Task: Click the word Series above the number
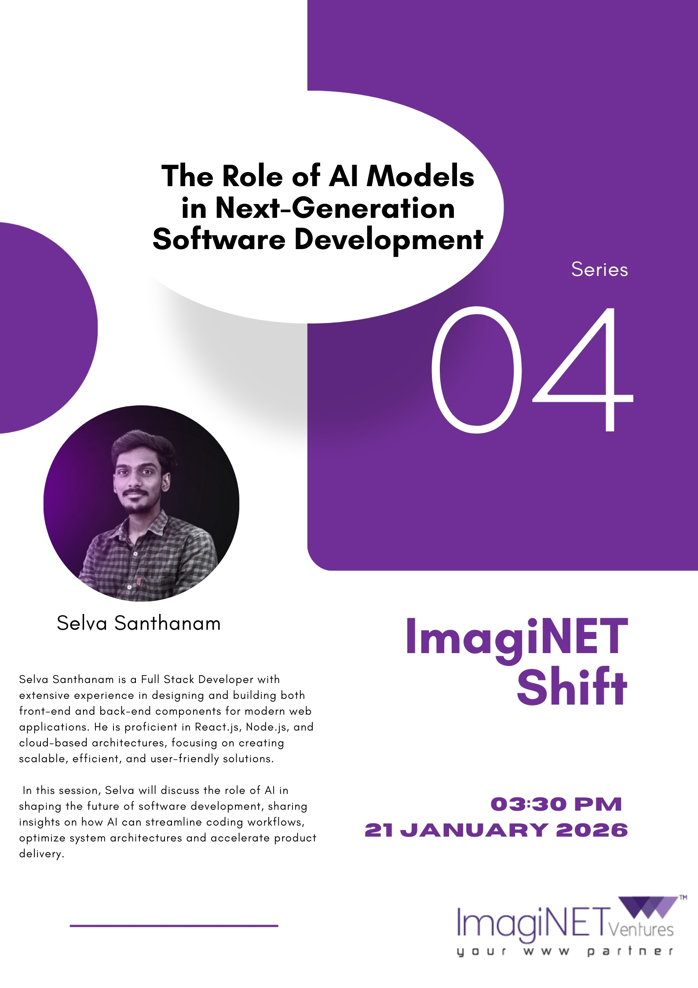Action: [599, 269]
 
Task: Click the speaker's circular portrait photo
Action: [141, 503]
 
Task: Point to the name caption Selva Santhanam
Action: [139, 624]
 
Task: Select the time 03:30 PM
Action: [556, 804]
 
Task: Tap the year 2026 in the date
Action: [592, 830]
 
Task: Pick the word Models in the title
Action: [420, 176]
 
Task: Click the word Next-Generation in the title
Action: [335, 208]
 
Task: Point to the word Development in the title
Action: [389, 240]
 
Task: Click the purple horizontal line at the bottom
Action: [174, 926]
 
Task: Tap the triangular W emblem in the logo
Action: [649, 908]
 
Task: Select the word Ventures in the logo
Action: [641, 929]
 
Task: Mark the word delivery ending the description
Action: [41, 854]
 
